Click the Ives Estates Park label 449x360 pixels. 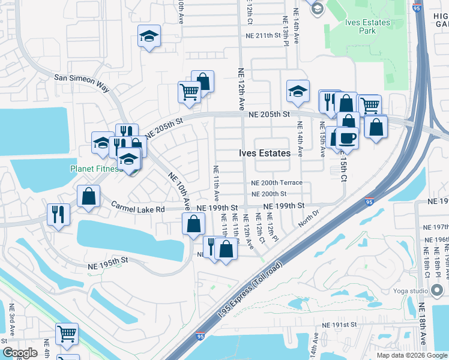tap(367, 28)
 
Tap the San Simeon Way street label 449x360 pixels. tap(82, 83)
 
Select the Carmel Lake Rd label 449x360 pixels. tap(137, 208)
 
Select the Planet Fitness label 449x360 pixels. tap(96, 169)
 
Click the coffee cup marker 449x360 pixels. tap(348, 139)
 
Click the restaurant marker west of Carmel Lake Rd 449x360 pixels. tap(58, 214)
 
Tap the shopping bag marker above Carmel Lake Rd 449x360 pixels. tap(88, 196)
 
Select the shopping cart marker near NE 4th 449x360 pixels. tap(67, 334)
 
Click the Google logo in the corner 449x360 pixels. tap(20, 353)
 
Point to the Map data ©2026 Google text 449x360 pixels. tap(411, 355)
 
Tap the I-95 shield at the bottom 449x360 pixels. tap(200, 341)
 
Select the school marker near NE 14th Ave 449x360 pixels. tap(297, 92)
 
